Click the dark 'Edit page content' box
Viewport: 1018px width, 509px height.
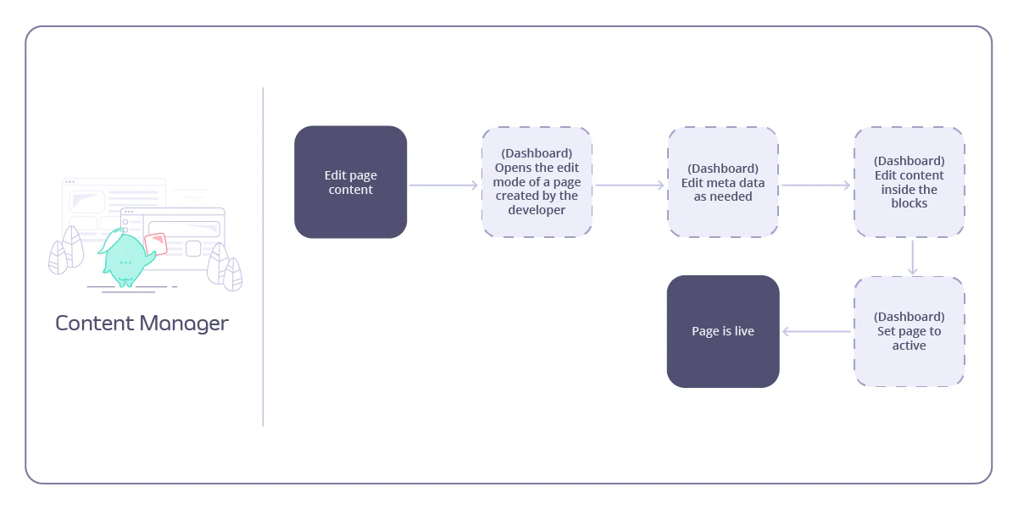point(350,182)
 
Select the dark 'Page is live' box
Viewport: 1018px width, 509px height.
point(723,331)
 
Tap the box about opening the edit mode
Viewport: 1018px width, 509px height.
point(537,182)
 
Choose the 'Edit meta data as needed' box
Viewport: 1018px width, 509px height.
point(723,182)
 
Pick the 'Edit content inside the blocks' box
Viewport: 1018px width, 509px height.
point(909,182)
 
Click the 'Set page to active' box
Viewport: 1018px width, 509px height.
point(909,331)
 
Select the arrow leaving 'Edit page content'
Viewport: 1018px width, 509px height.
point(444,185)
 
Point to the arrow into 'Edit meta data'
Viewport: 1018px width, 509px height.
point(630,185)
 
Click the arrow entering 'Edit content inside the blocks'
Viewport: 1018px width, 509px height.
point(815,185)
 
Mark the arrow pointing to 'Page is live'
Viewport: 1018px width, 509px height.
point(816,331)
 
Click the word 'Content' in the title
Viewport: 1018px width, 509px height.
point(94,323)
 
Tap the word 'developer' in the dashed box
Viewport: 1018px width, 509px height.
point(537,210)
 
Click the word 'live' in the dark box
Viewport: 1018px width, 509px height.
point(743,331)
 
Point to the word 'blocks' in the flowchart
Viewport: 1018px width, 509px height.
point(909,203)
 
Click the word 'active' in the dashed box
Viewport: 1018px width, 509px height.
point(909,346)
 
